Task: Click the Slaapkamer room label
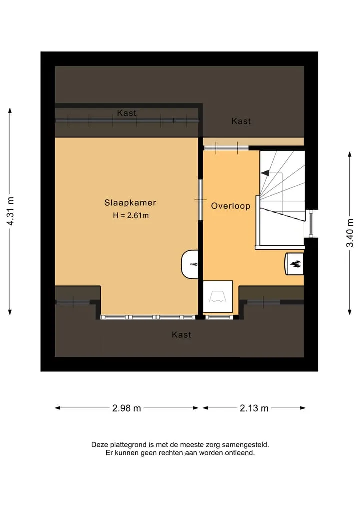pyautogui.click(x=130, y=203)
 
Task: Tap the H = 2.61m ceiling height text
pyautogui.click(x=131, y=215)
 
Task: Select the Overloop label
pyautogui.click(x=231, y=206)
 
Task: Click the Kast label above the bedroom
pyautogui.click(x=127, y=113)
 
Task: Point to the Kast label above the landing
pyautogui.click(x=241, y=121)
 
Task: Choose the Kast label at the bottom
pyautogui.click(x=181, y=335)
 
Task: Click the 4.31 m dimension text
pyautogui.click(x=10, y=211)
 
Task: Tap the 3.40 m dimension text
pyautogui.click(x=350, y=233)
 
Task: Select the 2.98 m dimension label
pyautogui.click(x=127, y=408)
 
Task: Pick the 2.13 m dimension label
pyautogui.click(x=254, y=408)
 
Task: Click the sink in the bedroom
pyautogui.click(x=190, y=264)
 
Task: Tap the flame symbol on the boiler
pyautogui.click(x=295, y=264)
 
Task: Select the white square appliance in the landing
pyautogui.click(x=218, y=296)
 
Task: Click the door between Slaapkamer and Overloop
pyautogui.click(x=201, y=200)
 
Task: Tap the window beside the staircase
pyautogui.click(x=311, y=224)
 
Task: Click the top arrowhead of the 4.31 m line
pyautogui.click(x=10, y=110)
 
